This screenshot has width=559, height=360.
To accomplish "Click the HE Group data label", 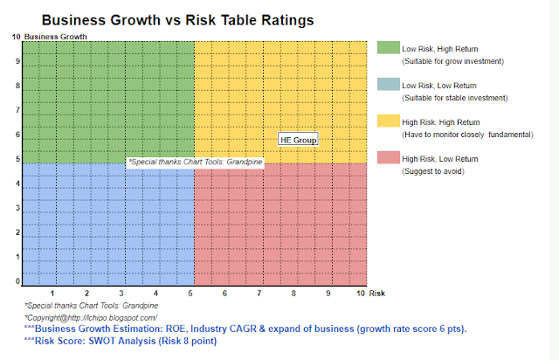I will [298, 139].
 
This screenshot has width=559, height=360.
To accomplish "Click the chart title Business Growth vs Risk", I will [177, 17].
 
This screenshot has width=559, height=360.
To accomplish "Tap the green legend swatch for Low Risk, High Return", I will [388, 48].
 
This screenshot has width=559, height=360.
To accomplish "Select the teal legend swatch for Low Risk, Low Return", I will [388, 85].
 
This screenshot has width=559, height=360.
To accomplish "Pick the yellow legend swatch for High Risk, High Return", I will [388, 121].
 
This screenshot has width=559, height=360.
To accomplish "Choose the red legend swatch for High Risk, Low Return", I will [388, 158].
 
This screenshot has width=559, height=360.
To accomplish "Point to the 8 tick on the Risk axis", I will [294, 294].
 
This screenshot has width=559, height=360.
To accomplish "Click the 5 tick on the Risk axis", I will [190, 294].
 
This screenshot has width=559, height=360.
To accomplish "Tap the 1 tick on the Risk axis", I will [53, 294].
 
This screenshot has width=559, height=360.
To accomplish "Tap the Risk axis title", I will [378, 294].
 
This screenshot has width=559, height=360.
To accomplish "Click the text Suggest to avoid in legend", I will [432, 171].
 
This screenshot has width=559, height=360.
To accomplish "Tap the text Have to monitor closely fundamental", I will [466, 135].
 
